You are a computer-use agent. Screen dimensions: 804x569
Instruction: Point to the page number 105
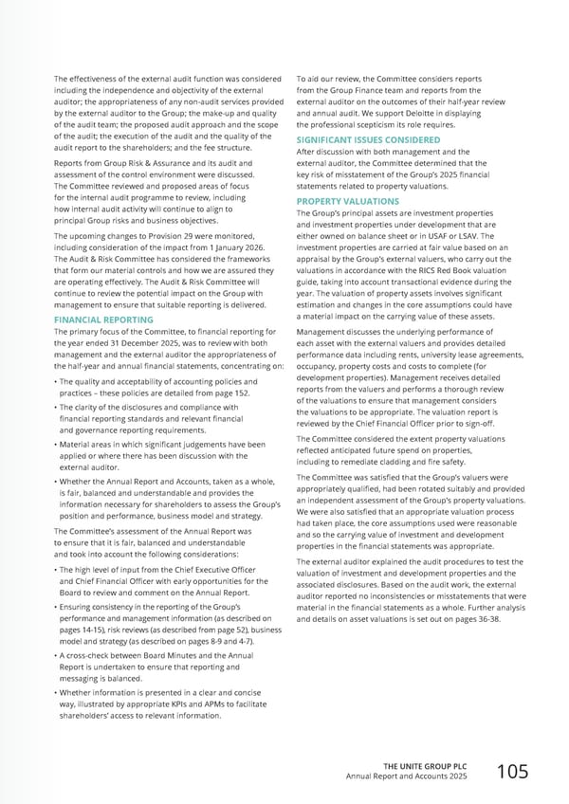511,772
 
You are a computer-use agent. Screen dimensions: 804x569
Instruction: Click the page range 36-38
480,618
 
